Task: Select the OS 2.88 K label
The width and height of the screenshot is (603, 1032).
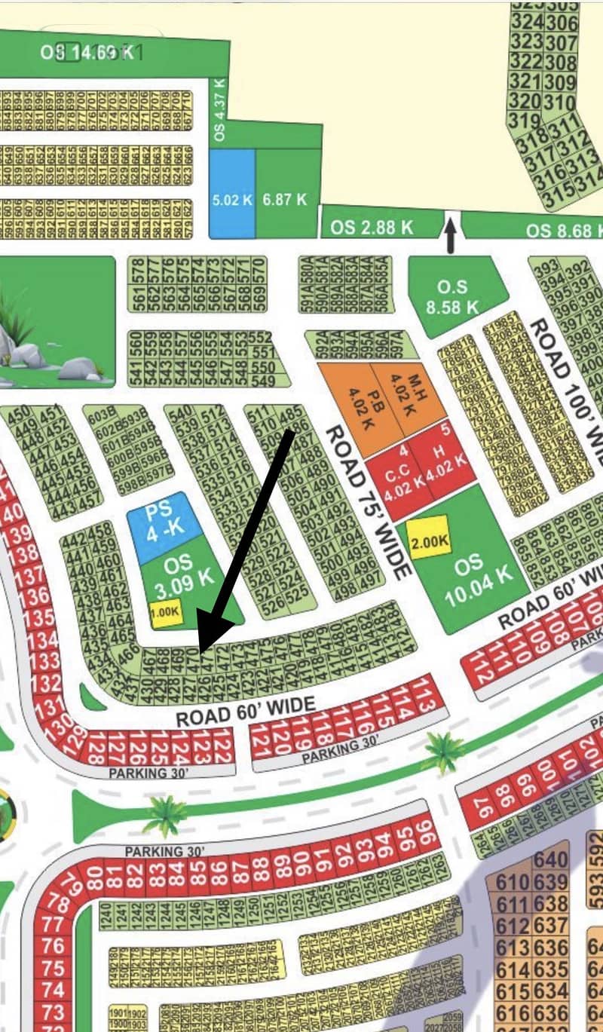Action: click(372, 227)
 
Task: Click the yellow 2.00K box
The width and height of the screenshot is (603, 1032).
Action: click(429, 540)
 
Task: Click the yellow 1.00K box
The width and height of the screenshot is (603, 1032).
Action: click(166, 614)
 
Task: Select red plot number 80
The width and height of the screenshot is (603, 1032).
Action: click(95, 877)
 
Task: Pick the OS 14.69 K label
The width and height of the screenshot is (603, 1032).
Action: click(89, 52)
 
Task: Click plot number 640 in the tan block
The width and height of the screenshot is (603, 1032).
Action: click(550, 859)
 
